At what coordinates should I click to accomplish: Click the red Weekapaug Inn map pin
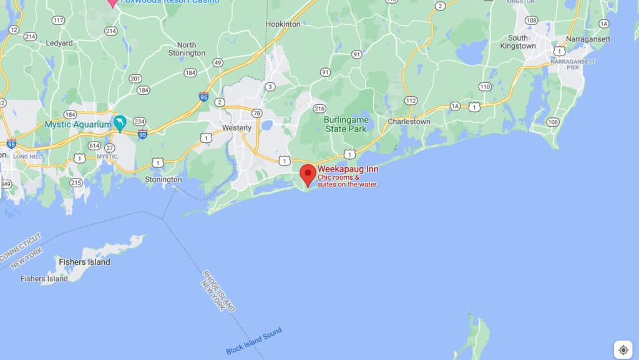point(308,174)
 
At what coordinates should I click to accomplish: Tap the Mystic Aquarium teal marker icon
point(120,124)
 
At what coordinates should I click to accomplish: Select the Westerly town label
point(237,128)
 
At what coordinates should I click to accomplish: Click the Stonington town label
point(163,180)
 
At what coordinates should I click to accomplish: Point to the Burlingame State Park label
point(347,124)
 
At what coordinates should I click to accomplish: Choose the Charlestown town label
point(409,122)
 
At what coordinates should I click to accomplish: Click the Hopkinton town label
point(283,24)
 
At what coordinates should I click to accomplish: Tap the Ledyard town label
point(59,43)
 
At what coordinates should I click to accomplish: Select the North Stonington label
point(187,49)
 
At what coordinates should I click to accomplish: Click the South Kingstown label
point(518,42)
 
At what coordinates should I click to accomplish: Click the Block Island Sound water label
point(254,341)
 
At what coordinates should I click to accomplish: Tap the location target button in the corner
point(623,350)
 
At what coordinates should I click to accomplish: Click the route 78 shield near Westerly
point(257,113)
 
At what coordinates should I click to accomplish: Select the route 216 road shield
point(319,109)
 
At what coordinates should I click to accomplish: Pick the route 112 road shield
point(410,100)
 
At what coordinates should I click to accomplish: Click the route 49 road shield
point(218,62)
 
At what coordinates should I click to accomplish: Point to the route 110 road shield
point(485,87)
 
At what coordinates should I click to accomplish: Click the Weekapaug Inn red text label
point(348,169)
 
